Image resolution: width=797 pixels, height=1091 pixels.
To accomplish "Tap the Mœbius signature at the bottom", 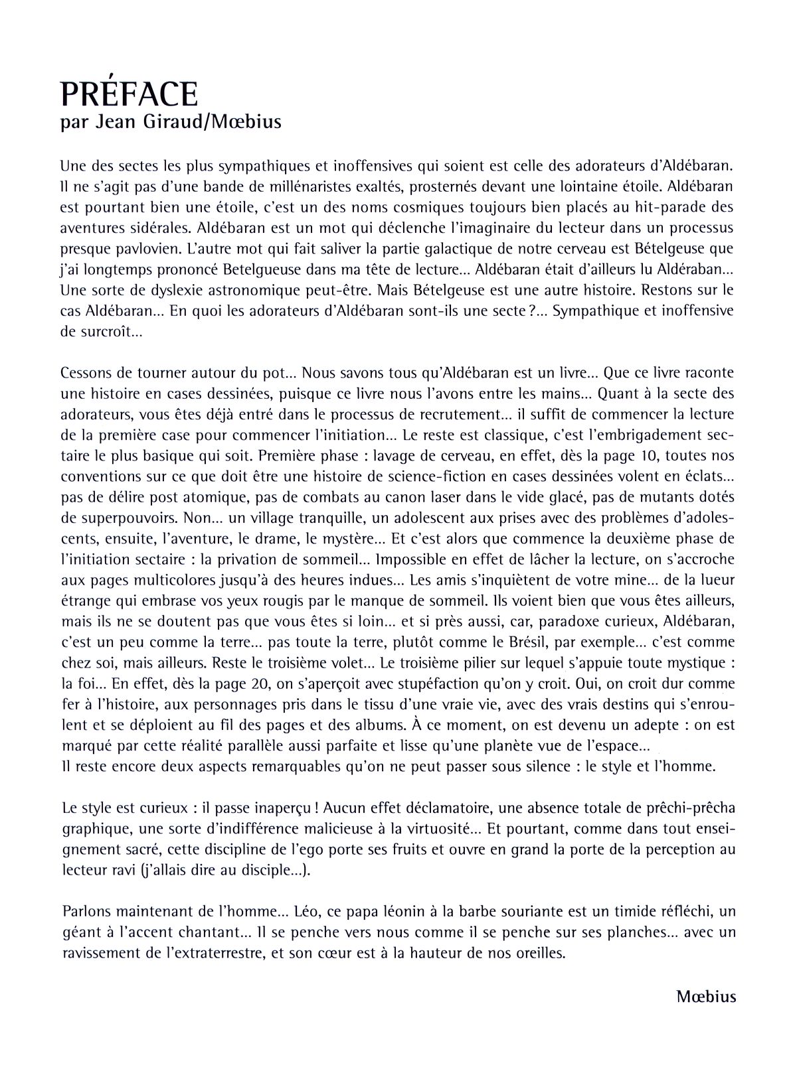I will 706,996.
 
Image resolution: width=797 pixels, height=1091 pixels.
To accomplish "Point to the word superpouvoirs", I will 127,518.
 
